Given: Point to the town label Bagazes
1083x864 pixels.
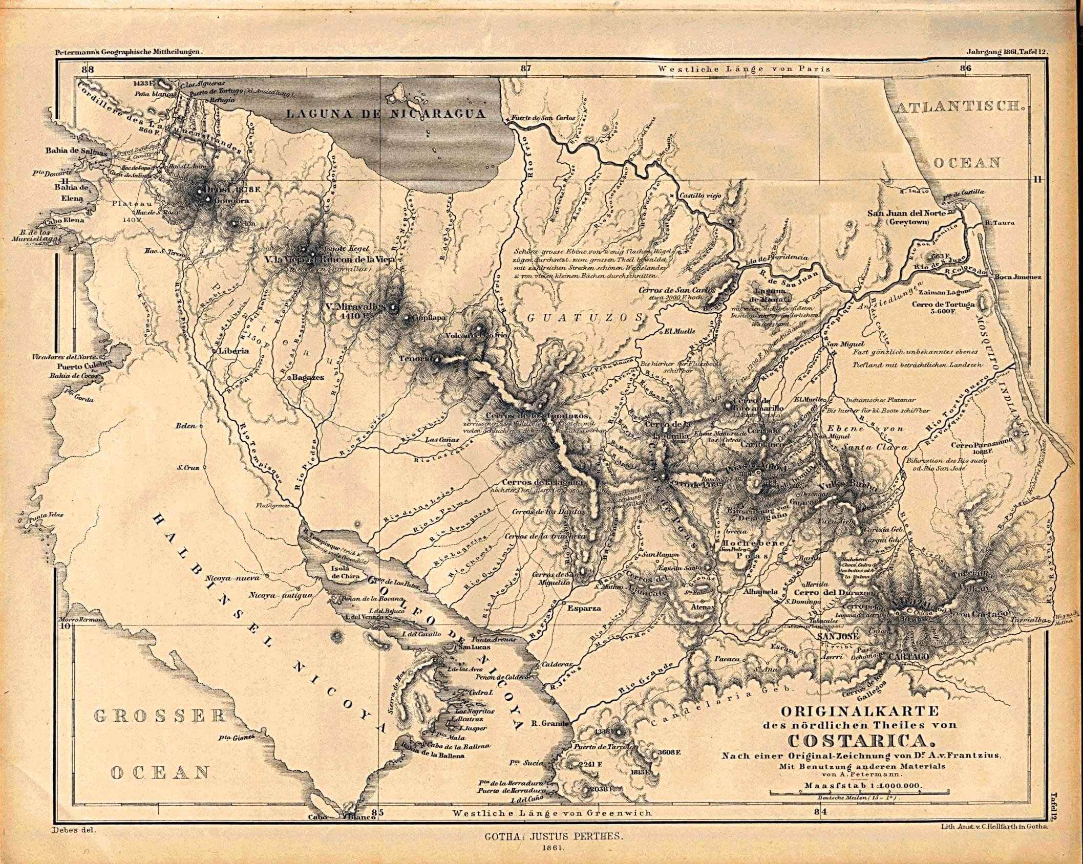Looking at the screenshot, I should click(308, 377).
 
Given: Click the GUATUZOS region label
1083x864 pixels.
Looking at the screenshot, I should click(584, 317).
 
